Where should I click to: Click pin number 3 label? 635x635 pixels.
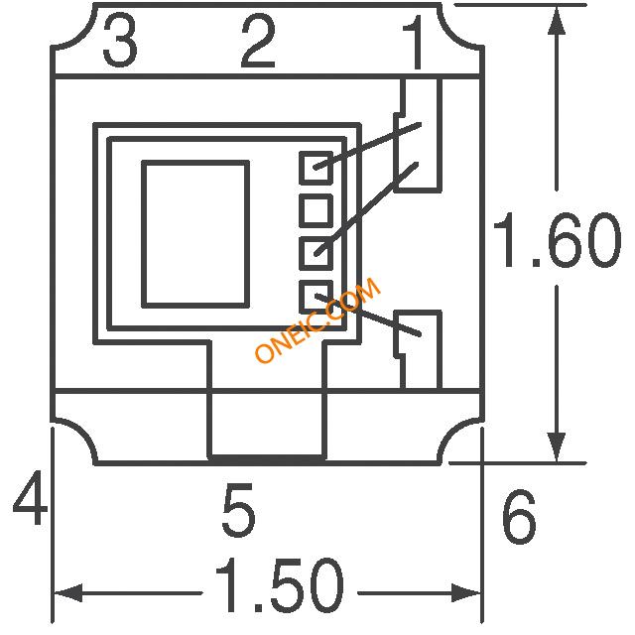pos(120,42)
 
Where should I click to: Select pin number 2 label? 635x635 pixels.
pos(258,41)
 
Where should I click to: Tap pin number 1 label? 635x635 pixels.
pos(413,43)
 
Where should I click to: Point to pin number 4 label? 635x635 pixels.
pos(30,498)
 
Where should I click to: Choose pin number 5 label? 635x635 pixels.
pos(239,509)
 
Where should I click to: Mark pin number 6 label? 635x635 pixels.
pos(520,517)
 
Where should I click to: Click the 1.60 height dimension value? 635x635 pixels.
pos(558,240)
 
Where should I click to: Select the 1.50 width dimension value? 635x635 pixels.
pos(280,584)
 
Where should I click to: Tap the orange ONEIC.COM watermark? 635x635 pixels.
pos(317,319)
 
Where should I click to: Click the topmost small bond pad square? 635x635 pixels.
pos(316,168)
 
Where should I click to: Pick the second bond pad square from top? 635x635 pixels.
pos(316,210)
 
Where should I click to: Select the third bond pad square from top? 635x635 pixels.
pos(316,254)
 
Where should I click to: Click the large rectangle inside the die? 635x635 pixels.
pos(195,234)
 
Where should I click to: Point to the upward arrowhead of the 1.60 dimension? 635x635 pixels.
pos(558,21)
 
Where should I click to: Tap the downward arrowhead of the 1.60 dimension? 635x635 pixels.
pos(557,446)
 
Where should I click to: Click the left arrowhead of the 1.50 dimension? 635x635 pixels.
pos(68,593)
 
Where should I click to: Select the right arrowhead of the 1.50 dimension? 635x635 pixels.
pos(465,593)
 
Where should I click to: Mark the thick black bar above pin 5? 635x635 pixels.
pos(267,459)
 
